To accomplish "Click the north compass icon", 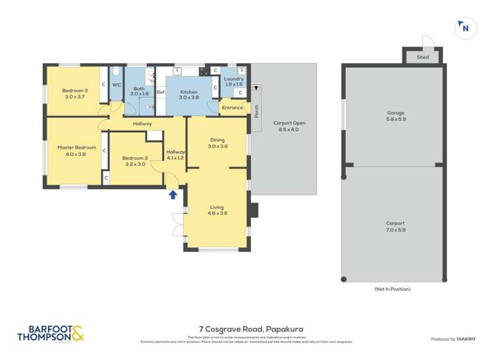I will [465, 27].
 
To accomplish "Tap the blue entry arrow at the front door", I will [173, 194].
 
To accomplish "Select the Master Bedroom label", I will [76, 151].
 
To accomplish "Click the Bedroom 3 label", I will [75, 93].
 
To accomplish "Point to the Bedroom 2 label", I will [135, 161].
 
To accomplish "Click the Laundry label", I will [234, 82].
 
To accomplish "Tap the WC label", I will [117, 85].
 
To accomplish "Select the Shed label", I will [423, 57].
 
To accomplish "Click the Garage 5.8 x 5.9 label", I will [395, 116].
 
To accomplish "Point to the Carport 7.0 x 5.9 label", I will [395, 226].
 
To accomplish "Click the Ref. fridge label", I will [160, 92].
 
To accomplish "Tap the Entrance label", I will [232, 107].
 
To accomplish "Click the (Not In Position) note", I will [393, 289].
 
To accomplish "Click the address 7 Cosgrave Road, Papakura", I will [247, 329].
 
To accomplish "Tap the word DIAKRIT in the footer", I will [468, 339].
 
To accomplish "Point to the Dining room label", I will [218, 143].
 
